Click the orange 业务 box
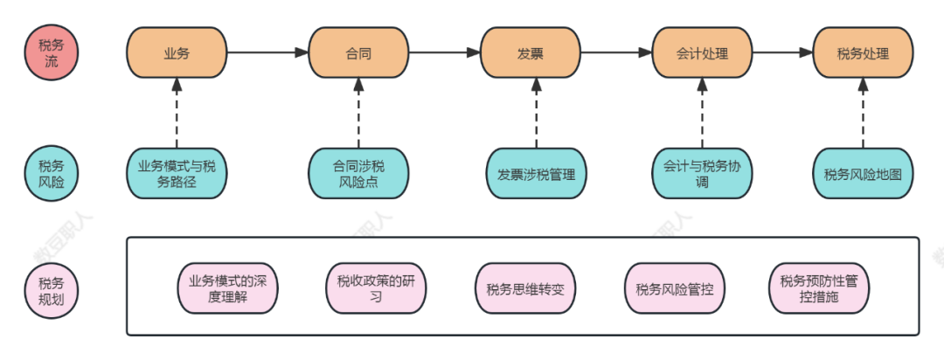pyautogui.click(x=177, y=53)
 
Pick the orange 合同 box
pyautogui.click(x=358, y=53)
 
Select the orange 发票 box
pyautogui.click(x=531, y=53)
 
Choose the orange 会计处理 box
pyautogui.click(x=702, y=53)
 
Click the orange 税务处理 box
pyautogui.click(x=863, y=53)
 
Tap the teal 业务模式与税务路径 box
pyautogui.click(x=177, y=173)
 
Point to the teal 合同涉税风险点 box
pyautogui.click(x=358, y=173)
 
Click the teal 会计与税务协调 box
pyautogui.click(x=702, y=173)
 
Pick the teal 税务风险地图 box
pyautogui.click(x=863, y=173)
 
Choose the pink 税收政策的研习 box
pyautogui.click(x=375, y=288)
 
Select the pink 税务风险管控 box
pyautogui.click(x=674, y=288)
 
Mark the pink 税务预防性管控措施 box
pyautogui.click(x=819, y=288)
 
